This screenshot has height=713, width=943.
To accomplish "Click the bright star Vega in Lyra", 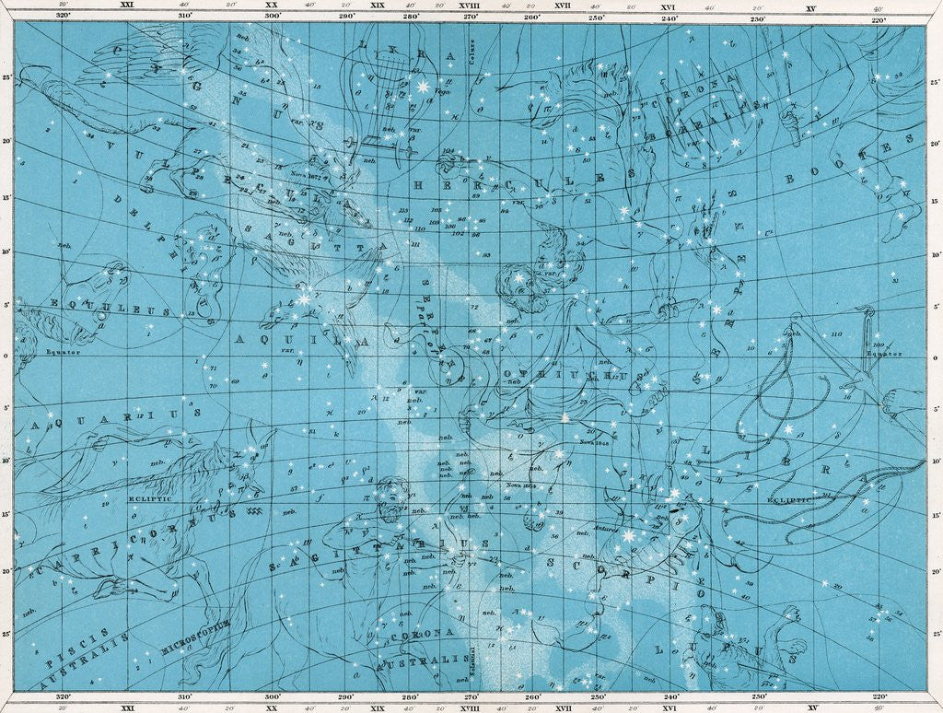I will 425,87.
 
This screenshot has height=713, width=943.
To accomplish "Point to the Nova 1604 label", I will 520,484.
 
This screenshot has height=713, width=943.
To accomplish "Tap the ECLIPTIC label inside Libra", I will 789,498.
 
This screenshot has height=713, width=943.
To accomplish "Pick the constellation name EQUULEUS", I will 92,304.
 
